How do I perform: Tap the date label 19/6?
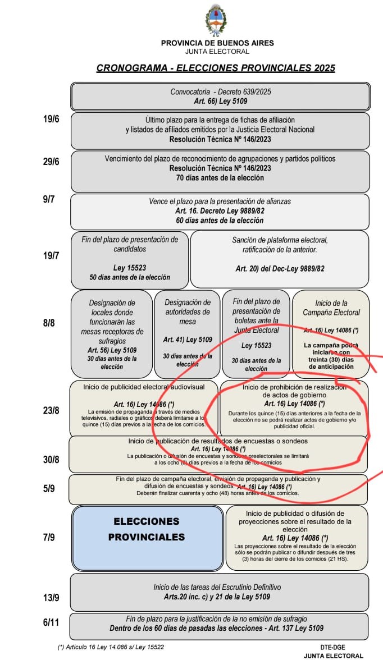click(x=51, y=119)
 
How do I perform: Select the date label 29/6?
click(x=51, y=162)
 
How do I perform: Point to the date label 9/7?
click(x=49, y=199)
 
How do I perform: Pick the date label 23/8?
click(x=51, y=410)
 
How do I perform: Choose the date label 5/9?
click(x=49, y=488)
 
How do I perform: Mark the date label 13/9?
click(x=51, y=597)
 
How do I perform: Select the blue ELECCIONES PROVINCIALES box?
click(x=147, y=537)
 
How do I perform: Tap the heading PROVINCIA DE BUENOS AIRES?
click(x=217, y=43)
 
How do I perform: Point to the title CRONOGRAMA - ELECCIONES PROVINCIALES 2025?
click(x=216, y=68)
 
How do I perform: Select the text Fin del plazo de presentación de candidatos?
click(x=130, y=244)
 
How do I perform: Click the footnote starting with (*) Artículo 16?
click(x=111, y=647)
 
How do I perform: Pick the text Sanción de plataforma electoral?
click(x=280, y=240)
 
